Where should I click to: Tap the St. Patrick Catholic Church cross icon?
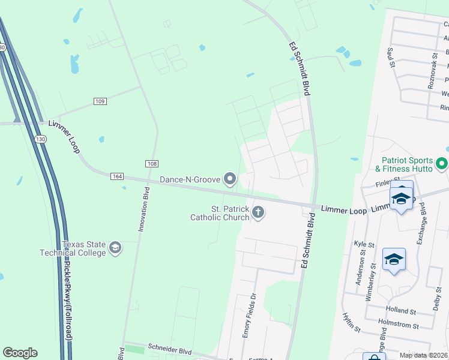[259, 212]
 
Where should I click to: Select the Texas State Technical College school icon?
[115, 247]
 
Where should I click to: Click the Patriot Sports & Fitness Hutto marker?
[442, 163]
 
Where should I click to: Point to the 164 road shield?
[117, 176]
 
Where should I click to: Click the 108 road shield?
[152, 163]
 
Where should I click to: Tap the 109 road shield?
[100, 101]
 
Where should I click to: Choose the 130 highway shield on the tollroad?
[40, 139]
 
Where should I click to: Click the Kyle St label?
[364, 245]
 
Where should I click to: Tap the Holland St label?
[402, 311]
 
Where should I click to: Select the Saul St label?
[391, 58]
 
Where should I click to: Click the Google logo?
[20, 353]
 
